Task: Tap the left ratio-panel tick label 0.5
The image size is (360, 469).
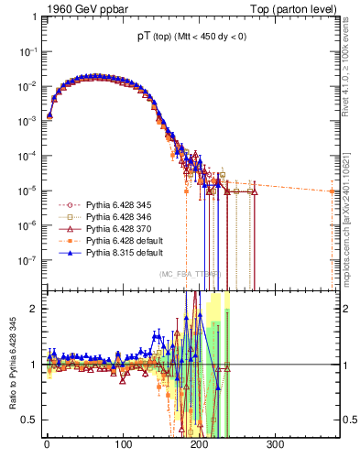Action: [29, 420]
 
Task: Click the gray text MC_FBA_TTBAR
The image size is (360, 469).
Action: [189, 274]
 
